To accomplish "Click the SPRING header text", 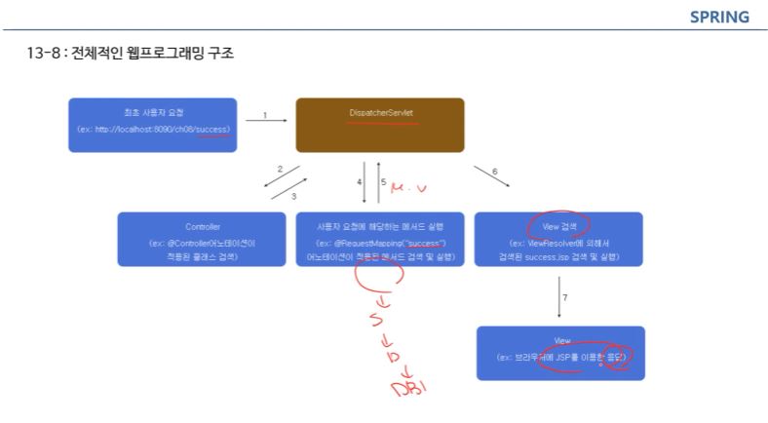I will [719, 17].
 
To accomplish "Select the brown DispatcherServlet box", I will [380, 124].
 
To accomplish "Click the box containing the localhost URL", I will [152, 124].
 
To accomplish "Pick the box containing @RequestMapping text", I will [380, 239].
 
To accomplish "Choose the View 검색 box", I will [558, 239].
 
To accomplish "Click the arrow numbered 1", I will [265, 121].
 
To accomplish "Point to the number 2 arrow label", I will [281, 170].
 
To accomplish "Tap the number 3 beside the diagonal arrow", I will [292, 195].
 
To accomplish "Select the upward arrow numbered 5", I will [379, 182].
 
